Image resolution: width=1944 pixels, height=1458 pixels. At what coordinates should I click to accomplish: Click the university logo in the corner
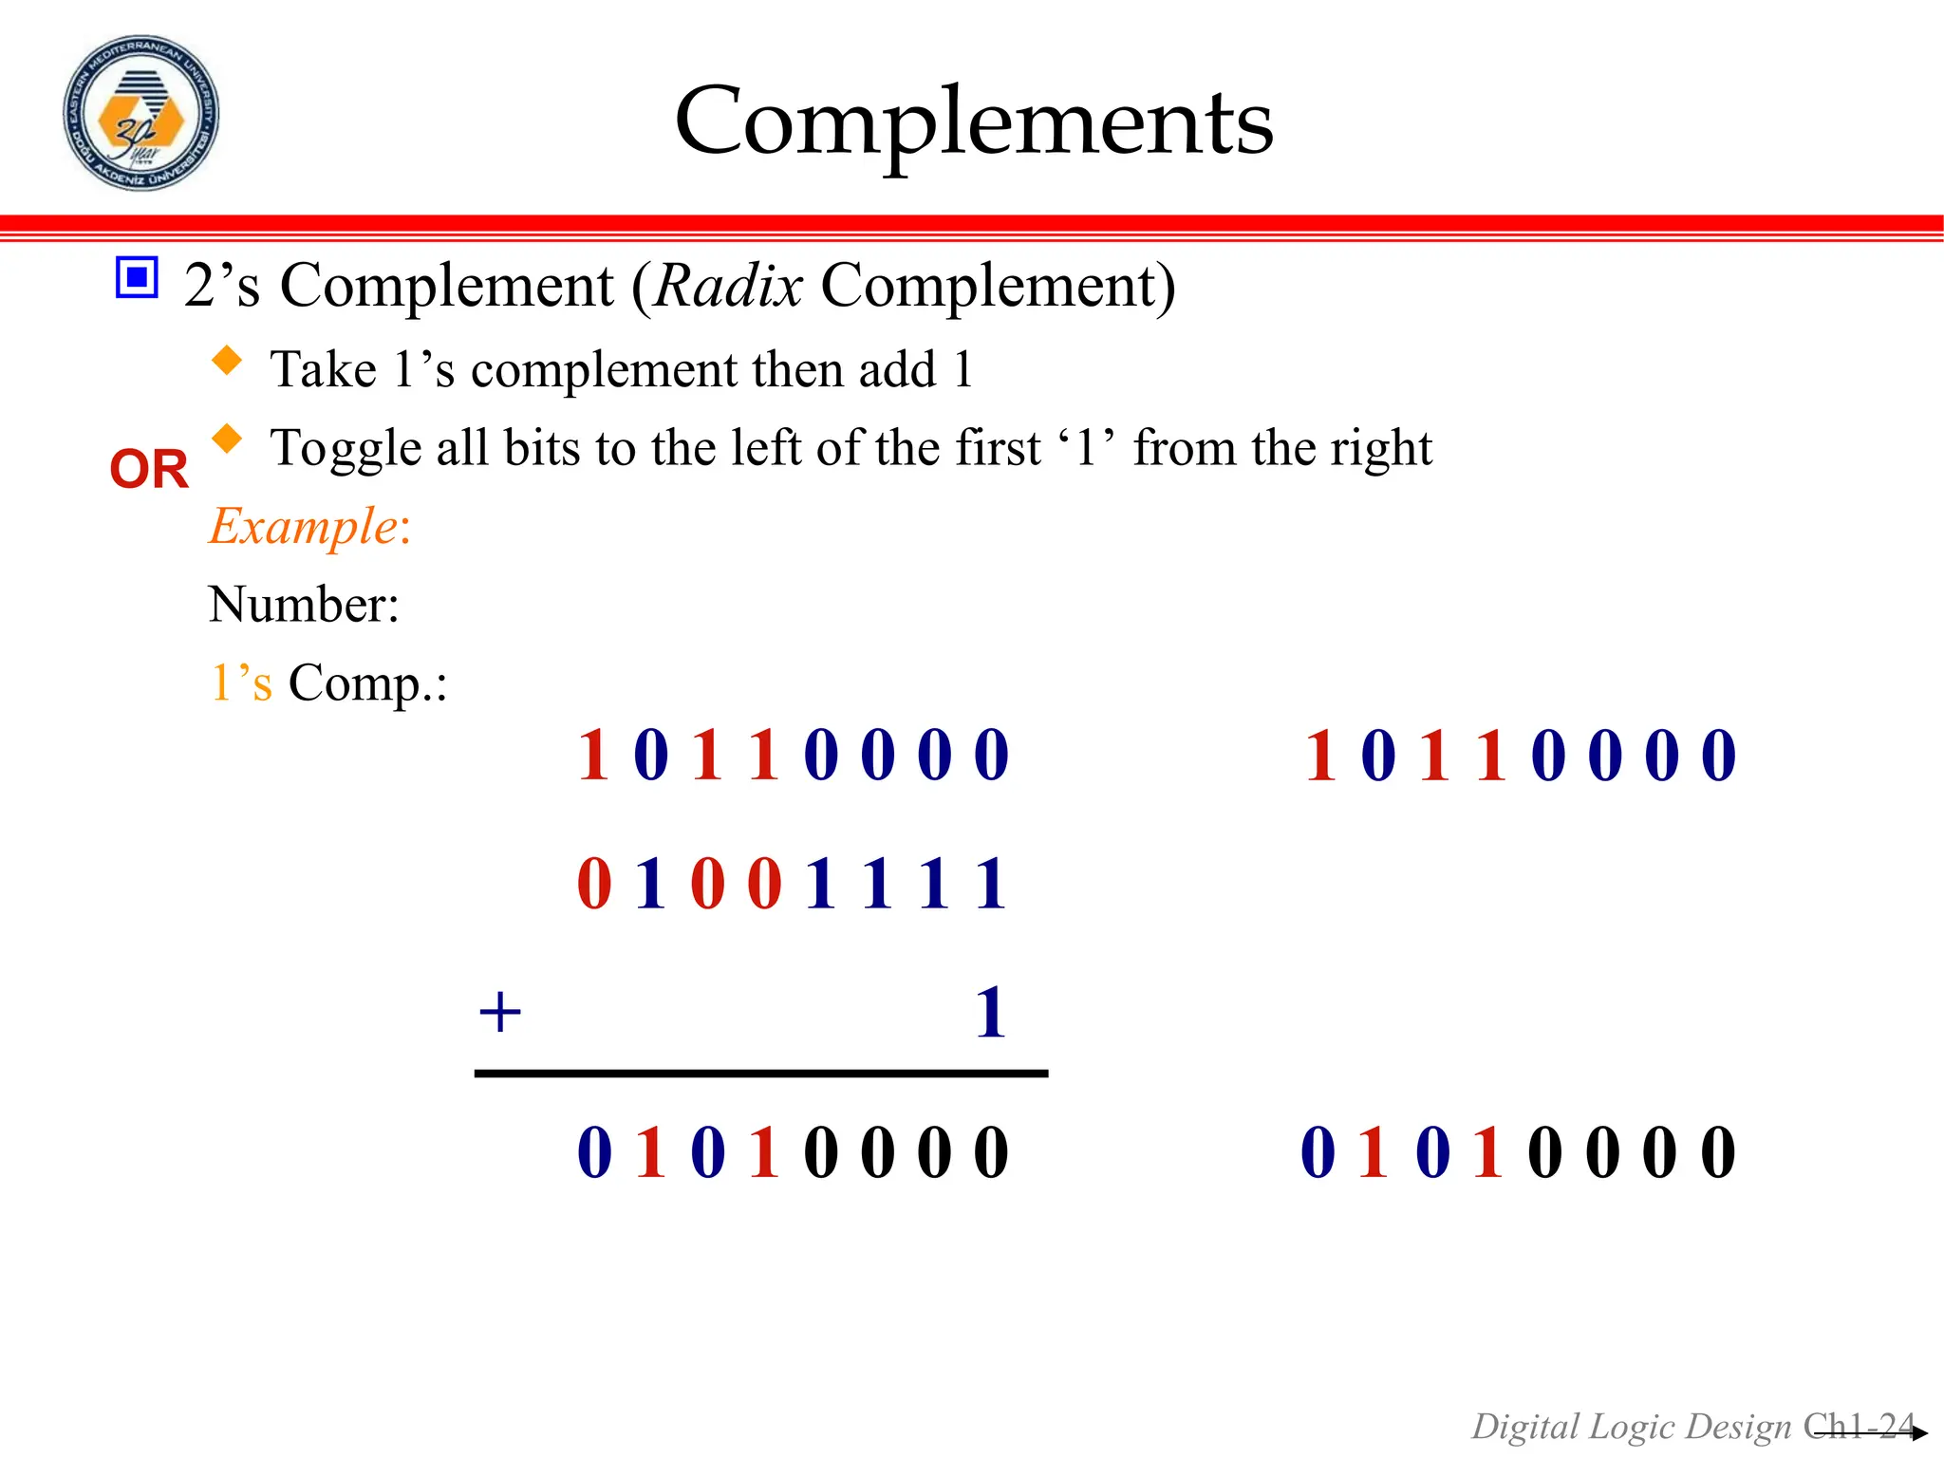tap(140, 114)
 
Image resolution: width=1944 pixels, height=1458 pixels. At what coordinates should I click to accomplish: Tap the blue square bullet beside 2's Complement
tap(137, 277)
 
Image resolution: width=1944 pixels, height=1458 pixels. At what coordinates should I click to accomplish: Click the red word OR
tap(149, 469)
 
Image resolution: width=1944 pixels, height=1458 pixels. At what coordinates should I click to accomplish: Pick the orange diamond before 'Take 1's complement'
tap(227, 361)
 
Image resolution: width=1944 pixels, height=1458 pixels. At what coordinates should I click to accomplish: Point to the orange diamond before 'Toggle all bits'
tap(227, 439)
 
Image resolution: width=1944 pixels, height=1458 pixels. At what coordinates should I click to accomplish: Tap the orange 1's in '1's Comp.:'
tap(241, 682)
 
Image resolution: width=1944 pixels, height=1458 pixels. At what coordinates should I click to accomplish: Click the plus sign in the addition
tap(500, 1012)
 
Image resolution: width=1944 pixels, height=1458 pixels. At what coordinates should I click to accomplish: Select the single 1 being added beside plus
tap(991, 1012)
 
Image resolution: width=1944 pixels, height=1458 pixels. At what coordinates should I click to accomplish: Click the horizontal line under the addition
tap(761, 1074)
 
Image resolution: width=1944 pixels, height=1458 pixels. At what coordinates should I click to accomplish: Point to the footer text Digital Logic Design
tap(1631, 1427)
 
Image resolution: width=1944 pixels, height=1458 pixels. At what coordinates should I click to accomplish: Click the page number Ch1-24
tap(1858, 1426)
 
